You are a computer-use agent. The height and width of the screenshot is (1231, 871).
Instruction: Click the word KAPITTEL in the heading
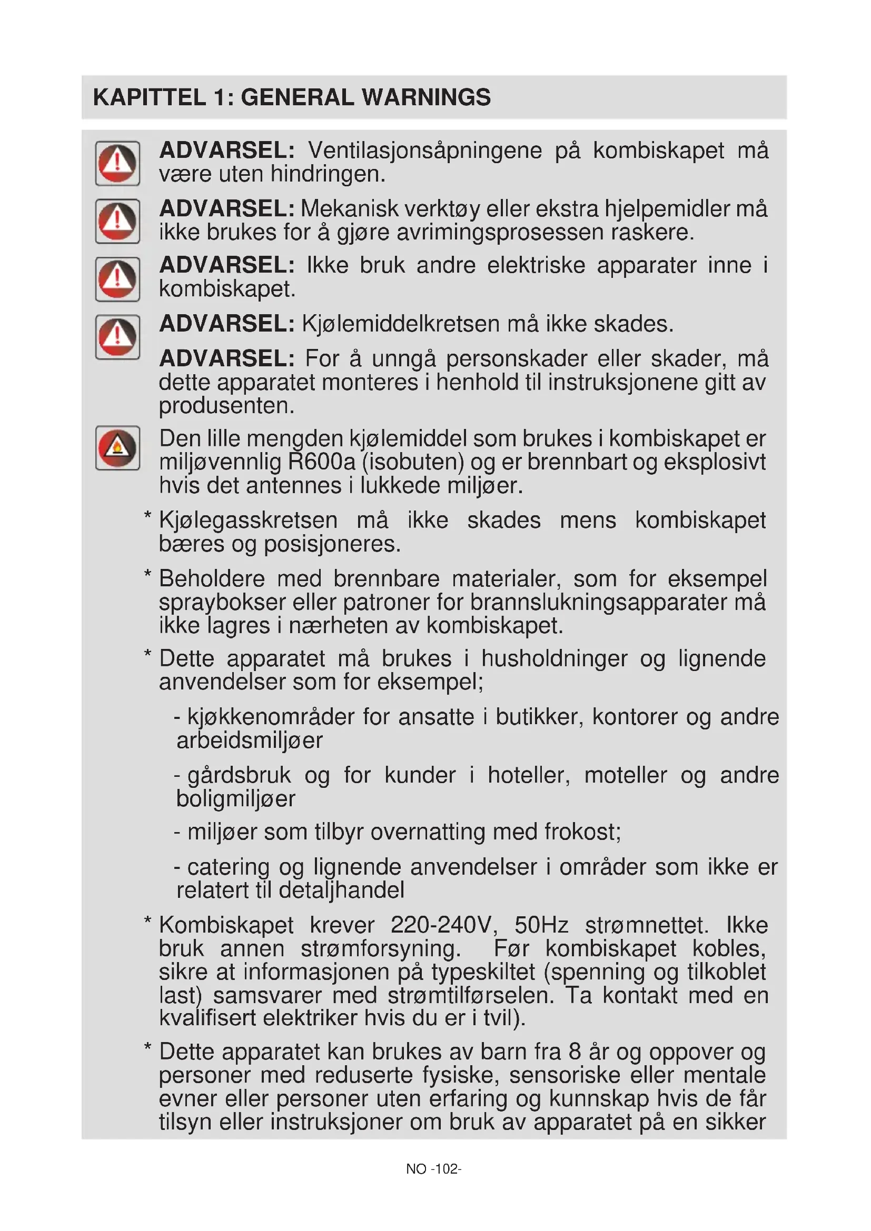(x=149, y=97)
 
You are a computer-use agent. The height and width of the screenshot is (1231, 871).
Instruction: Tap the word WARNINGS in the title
(x=426, y=97)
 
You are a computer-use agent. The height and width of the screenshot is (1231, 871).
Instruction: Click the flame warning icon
(x=117, y=448)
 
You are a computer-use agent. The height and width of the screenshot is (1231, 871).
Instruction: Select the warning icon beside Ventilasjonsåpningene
(x=117, y=163)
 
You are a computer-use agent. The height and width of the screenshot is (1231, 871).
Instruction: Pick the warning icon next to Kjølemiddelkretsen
(x=117, y=337)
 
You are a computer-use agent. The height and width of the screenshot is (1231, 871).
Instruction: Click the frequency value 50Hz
(x=541, y=925)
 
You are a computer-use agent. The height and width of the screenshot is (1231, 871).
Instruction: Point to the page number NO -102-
(x=433, y=1169)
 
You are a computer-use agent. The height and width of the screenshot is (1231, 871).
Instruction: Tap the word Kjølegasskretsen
(x=249, y=521)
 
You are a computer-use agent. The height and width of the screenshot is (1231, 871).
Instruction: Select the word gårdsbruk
(x=239, y=775)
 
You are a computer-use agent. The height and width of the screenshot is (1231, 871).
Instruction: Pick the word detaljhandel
(x=342, y=890)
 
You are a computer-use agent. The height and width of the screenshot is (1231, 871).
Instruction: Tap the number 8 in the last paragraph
(x=575, y=1053)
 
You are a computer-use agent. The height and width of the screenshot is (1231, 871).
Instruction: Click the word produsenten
(x=226, y=406)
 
